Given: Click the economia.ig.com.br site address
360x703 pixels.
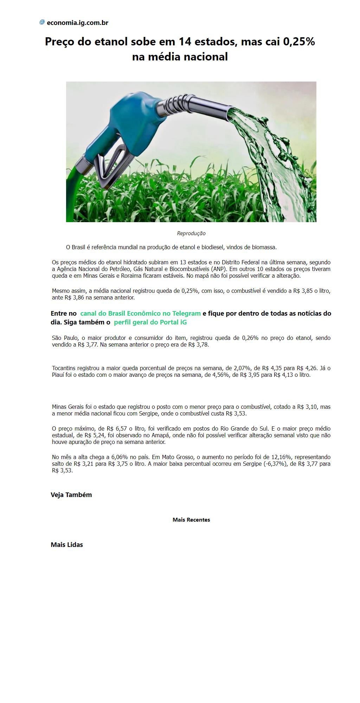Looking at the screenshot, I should (x=77, y=23).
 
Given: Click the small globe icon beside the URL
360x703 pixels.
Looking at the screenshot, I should (x=42, y=22).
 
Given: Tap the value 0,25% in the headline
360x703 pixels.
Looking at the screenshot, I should (x=298, y=42).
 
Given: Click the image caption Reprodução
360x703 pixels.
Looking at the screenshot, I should (x=191, y=233).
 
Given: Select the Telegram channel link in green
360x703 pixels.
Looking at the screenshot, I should (x=140, y=313).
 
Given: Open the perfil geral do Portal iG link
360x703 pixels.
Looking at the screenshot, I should (x=150, y=322).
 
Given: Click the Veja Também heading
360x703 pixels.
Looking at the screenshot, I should (x=71, y=495).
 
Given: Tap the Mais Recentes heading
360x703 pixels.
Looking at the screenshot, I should (x=191, y=520).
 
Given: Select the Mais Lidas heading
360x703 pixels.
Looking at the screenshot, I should (x=67, y=544).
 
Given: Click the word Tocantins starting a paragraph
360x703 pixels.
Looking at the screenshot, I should (x=64, y=368).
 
